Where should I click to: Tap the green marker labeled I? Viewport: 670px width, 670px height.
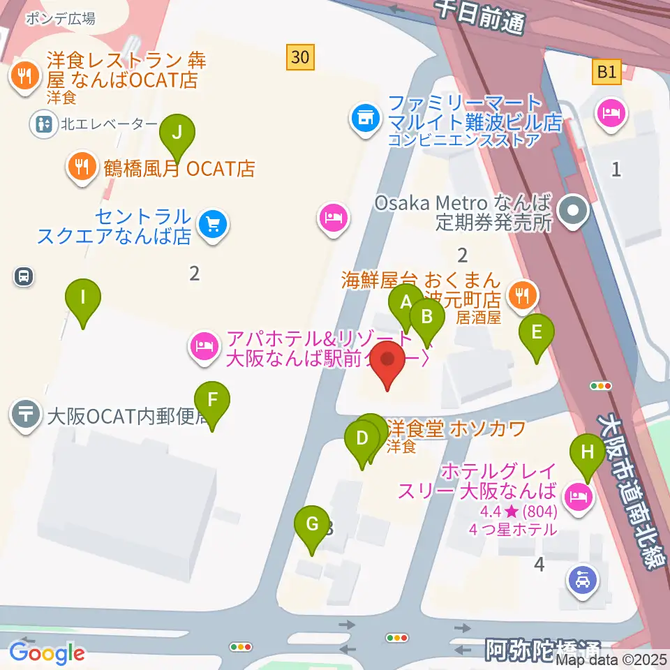[83, 299]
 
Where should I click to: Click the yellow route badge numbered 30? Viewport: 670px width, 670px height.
[300, 57]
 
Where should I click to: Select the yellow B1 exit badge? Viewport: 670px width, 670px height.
[606, 71]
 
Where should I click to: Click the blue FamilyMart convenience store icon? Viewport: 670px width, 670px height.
[364, 115]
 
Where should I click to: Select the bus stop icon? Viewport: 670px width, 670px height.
[24, 277]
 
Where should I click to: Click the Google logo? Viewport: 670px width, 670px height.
[47, 653]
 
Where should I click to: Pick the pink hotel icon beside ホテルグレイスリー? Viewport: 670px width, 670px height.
[578, 497]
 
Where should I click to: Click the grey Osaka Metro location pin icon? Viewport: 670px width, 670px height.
[574, 210]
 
